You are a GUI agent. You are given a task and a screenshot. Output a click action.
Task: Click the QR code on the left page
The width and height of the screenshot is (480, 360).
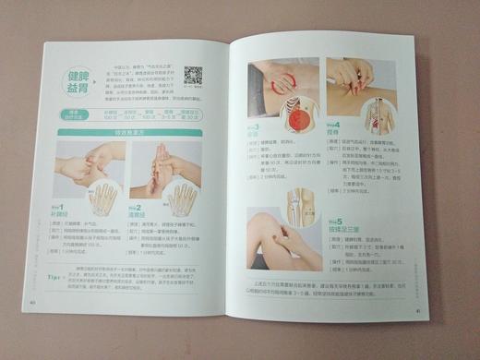(x=193, y=76)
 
